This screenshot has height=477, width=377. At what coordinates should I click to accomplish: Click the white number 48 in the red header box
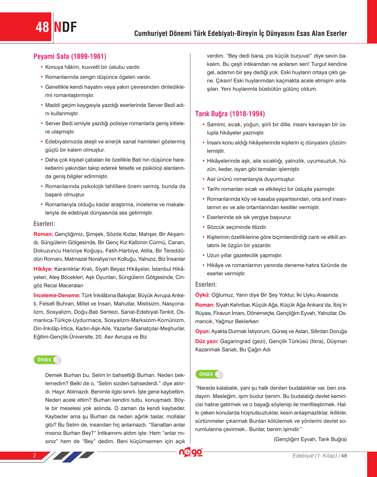[42, 27]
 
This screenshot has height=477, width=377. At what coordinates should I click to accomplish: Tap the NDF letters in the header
[65, 27]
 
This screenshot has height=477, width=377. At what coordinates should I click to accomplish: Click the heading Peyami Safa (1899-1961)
[70, 56]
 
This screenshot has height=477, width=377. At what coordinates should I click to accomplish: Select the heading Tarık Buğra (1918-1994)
[230, 114]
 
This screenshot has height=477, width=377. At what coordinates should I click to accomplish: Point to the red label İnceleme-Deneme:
[57, 295]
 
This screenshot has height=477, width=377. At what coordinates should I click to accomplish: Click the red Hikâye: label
[43, 269]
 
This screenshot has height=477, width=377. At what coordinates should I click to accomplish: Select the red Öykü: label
[203, 295]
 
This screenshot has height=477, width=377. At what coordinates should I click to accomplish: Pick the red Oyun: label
[203, 331]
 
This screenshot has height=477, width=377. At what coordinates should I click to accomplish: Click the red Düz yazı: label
[207, 341]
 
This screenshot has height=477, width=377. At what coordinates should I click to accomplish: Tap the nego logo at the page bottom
[191, 452]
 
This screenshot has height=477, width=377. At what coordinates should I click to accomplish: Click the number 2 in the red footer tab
[35, 455]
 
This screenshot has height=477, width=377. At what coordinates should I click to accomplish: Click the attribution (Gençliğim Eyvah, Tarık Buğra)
[310, 439]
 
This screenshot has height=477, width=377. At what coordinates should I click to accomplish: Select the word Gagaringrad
[235, 341]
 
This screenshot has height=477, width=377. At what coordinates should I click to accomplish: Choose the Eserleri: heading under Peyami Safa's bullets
[44, 224]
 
